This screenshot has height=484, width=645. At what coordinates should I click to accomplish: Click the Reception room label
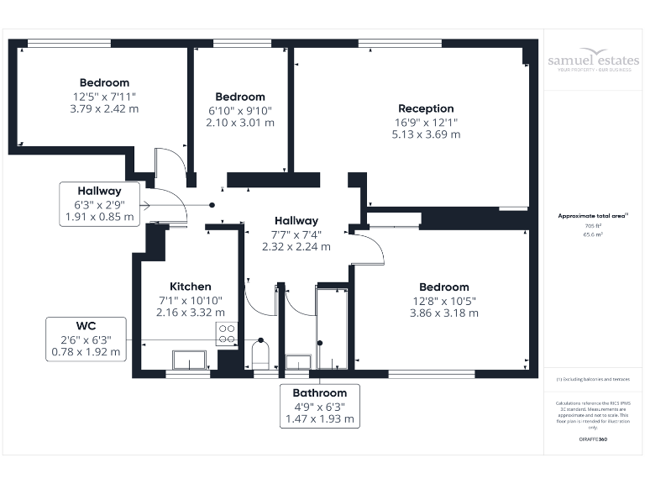(x=426, y=108)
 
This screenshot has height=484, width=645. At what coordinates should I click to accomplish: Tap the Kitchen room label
(x=190, y=287)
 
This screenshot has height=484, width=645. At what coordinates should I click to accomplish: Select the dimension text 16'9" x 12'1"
(x=426, y=121)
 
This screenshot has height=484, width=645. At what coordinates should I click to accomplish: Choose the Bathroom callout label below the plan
(x=319, y=392)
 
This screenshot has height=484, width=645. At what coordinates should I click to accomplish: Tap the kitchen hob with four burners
(x=226, y=333)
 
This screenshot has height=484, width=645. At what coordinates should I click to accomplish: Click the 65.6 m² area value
(x=594, y=235)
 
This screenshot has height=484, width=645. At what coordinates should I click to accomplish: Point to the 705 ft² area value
(x=594, y=226)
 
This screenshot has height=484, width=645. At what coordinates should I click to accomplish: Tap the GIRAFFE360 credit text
(x=593, y=439)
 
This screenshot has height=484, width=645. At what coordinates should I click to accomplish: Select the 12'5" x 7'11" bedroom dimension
(x=104, y=96)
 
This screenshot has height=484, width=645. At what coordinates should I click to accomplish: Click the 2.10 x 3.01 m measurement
(x=239, y=122)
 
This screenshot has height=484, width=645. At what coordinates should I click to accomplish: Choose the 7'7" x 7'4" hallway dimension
(x=296, y=234)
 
